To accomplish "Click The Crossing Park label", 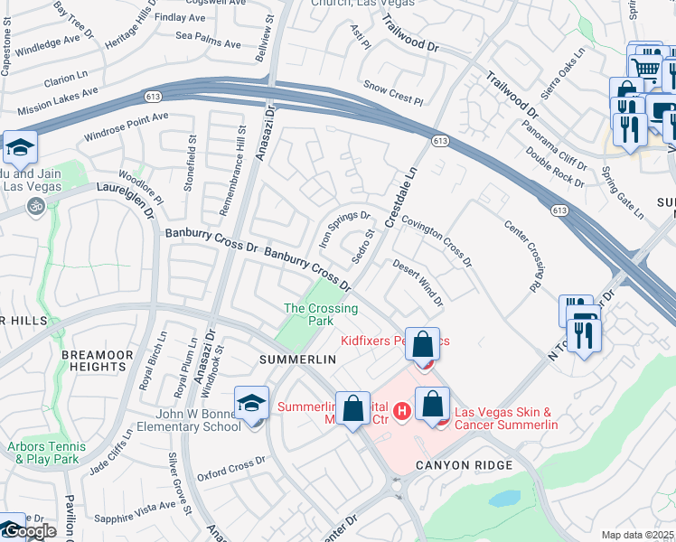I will click(x=321, y=313).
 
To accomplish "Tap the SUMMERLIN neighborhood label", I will click(x=297, y=359).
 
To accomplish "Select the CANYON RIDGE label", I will click(x=464, y=465).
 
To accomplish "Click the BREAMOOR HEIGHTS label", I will click(x=94, y=361).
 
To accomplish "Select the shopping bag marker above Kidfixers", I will click(x=422, y=344).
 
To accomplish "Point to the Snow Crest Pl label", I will click(x=393, y=91).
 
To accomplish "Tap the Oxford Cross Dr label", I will click(x=231, y=466).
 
